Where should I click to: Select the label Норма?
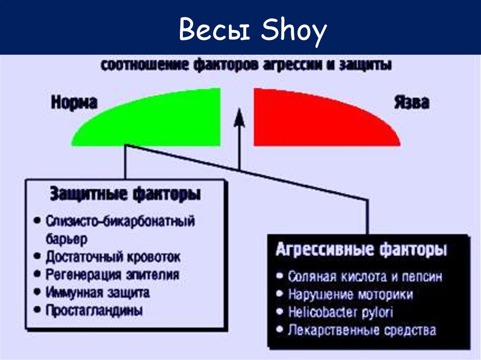tap(74, 102)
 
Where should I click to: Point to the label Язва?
tap(411, 102)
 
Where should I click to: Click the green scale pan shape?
tap(160, 123)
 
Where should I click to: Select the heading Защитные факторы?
tap(125, 193)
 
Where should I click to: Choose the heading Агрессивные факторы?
tap(361, 249)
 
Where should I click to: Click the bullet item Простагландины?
tap(94, 310)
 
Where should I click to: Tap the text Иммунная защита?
tap(98, 292)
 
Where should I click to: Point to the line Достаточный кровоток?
tap(113, 257)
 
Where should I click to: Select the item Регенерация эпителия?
tap(112, 275)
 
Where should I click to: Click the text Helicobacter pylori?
tap(341, 313)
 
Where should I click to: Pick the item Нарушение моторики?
tap(350, 294)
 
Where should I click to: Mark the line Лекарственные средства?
tap(362, 330)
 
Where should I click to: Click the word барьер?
tap(66, 239)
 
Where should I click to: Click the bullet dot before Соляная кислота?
tap(279, 276)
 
